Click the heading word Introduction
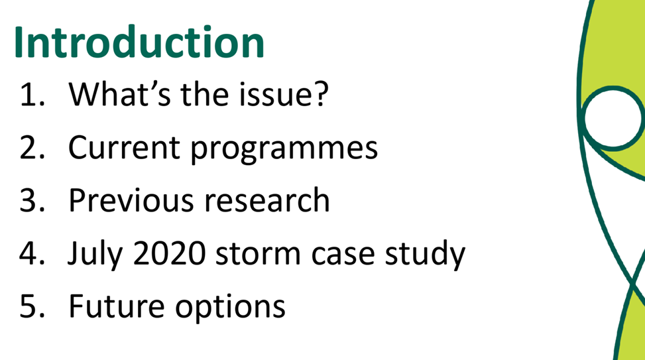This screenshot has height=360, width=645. point(139,42)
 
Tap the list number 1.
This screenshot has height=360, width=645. point(32,95)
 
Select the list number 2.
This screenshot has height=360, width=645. point(32,147)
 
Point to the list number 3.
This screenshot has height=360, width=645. point(32,200)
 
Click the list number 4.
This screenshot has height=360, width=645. point(32,253)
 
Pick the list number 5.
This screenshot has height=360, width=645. point(32,306)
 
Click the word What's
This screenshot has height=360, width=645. point(119,94)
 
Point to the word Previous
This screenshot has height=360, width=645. point(131,200)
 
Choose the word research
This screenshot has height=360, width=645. point(267,200)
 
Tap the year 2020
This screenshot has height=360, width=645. point(170,253)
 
